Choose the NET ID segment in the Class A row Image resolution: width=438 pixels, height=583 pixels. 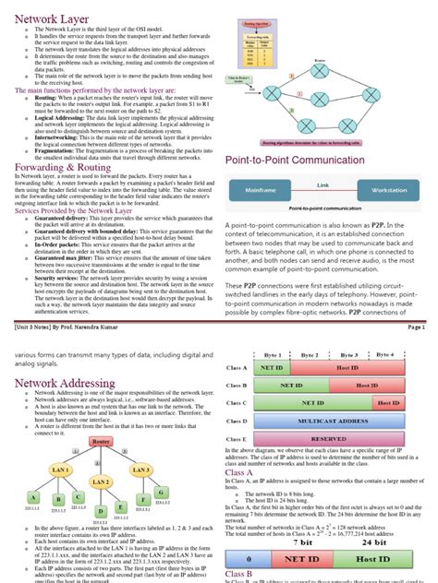273,367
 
